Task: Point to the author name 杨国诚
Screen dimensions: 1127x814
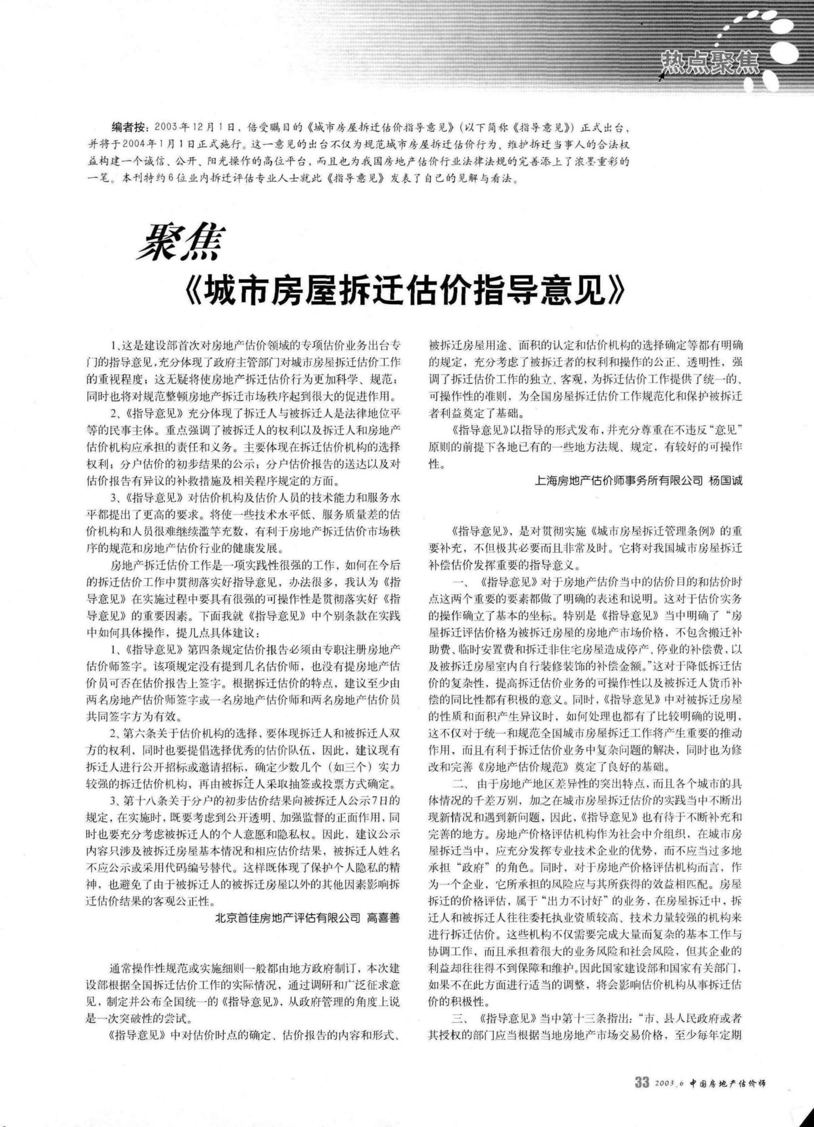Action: (725, 481)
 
